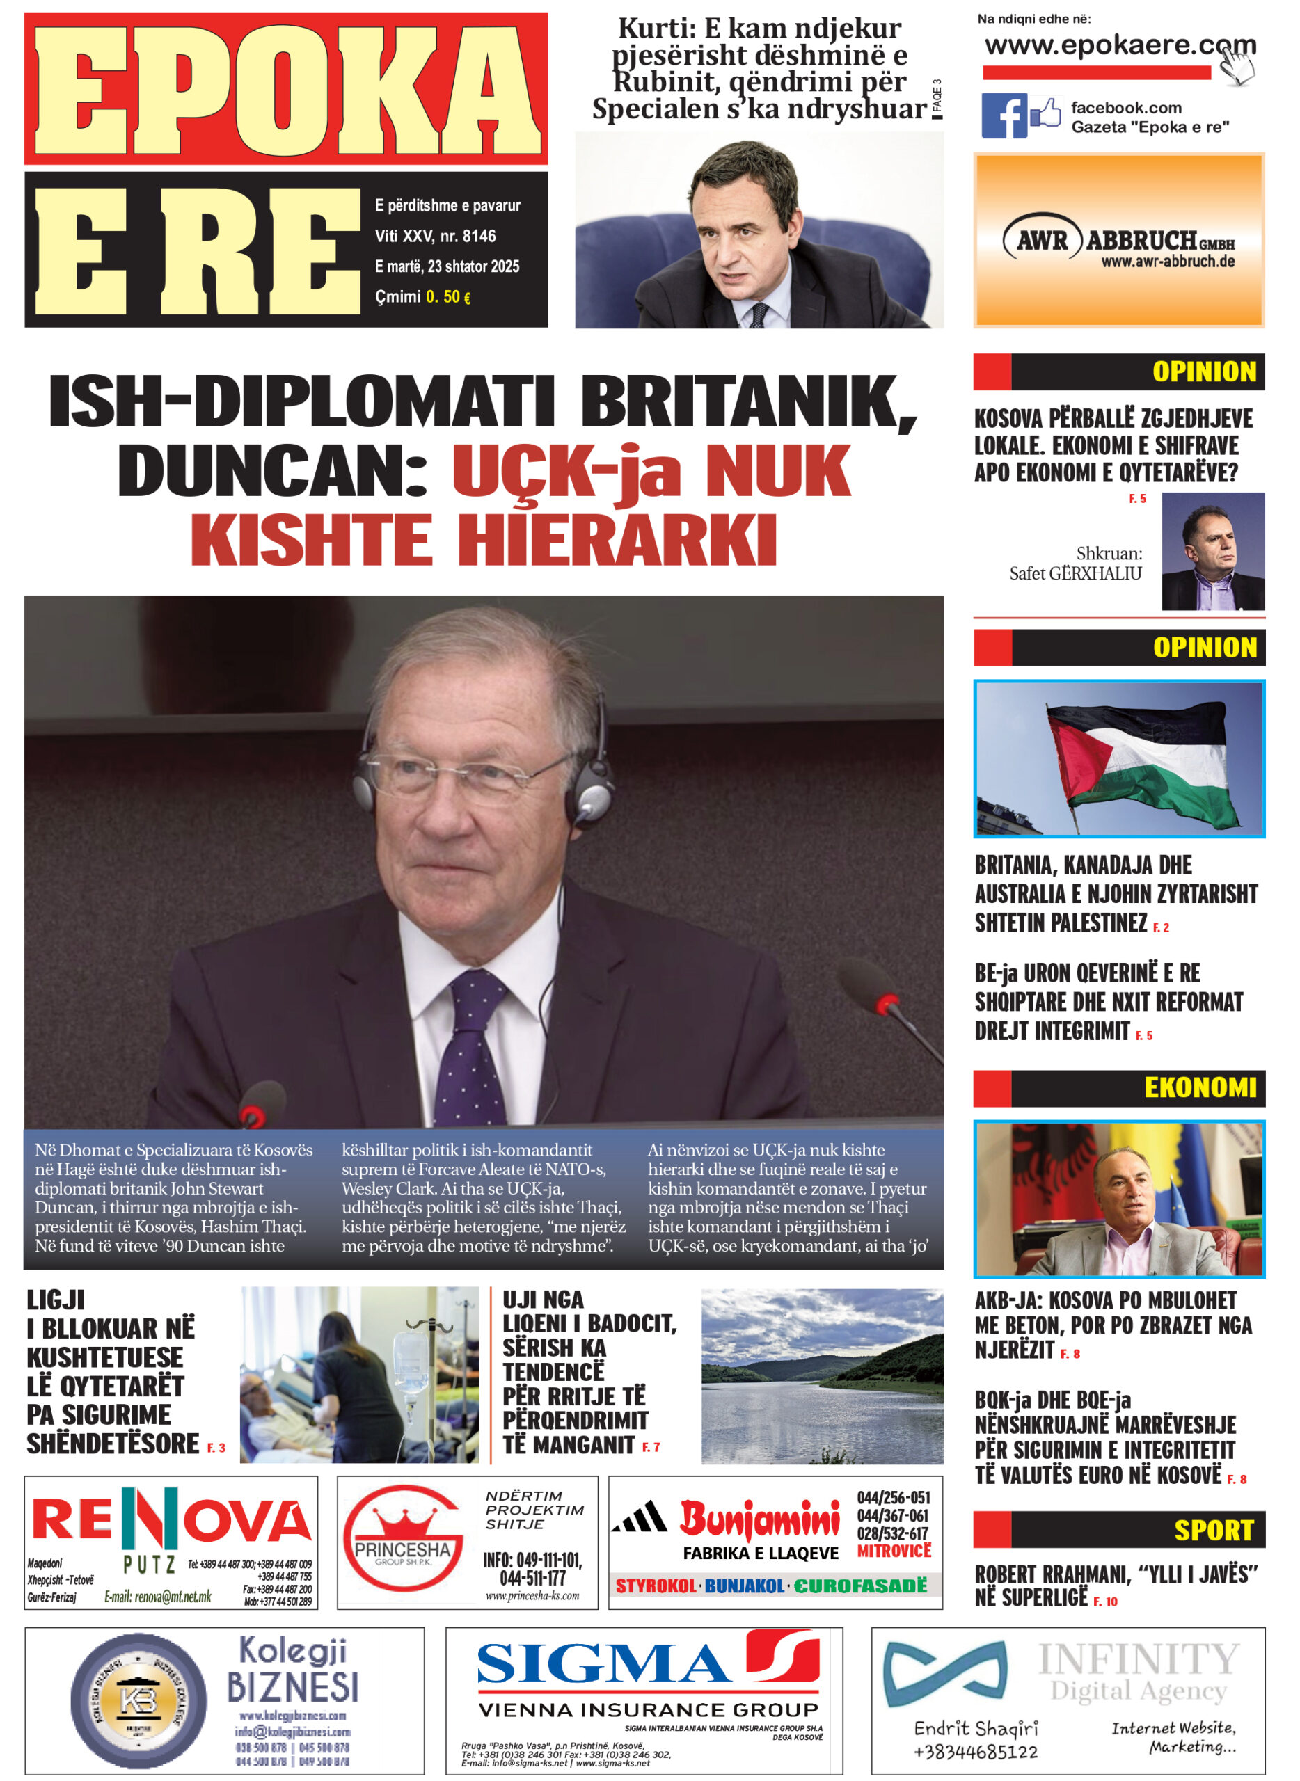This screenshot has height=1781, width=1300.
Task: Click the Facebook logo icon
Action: point(1004,115)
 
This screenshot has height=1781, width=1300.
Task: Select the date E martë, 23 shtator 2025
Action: point(446,266)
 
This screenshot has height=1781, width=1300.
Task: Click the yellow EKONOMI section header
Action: point(1199,1088)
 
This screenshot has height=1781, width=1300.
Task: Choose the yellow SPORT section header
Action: point(1212,1530)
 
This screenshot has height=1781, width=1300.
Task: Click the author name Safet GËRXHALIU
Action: point(1075,573)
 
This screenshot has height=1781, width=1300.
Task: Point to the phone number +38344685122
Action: point(975,1752)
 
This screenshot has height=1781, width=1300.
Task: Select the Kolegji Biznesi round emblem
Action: point(138,1702)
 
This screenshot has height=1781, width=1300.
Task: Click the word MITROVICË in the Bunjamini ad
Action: point(893,1551)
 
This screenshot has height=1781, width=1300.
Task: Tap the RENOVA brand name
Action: point(171,1519)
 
